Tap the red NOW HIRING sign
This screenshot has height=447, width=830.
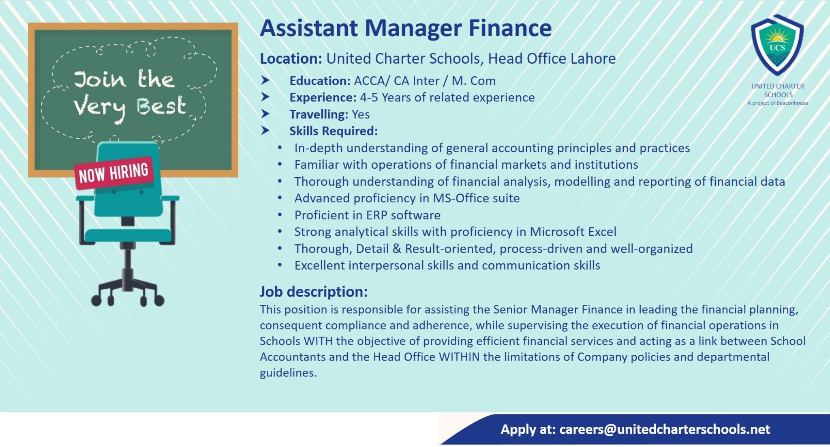coord(114,173)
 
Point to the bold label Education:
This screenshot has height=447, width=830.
coord(320,81)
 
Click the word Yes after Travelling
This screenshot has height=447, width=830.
coord(361,114)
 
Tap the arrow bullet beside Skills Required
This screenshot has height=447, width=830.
coord(265,131)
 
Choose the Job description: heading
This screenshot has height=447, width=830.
coord(314,292)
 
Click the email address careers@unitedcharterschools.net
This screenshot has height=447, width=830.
coord(665,430)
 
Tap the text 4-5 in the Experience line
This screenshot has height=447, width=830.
coord(369,97)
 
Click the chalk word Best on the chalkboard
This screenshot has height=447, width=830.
coord(161,106)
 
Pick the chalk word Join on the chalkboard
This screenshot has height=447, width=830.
coord(100,80)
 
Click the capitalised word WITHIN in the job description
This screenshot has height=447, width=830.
coord(459,357)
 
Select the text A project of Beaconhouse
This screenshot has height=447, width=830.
coord(778,103)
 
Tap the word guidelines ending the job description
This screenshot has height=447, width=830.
coord(288,373)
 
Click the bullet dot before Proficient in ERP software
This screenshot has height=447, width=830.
coord(280,215)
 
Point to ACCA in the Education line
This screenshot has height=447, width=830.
coord(368,81)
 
